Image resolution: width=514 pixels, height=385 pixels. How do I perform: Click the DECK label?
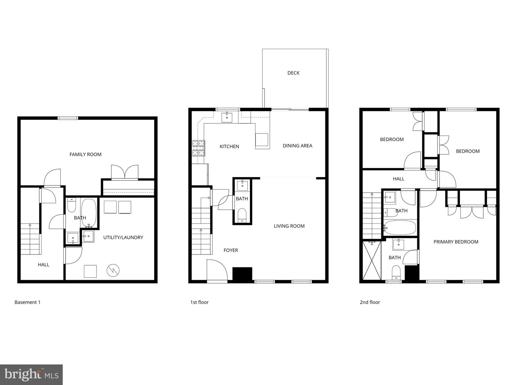293,73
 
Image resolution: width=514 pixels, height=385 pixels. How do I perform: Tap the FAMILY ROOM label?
85,154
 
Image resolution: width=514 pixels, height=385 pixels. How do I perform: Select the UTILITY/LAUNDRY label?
123,237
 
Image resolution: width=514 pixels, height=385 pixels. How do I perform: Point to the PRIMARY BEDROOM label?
456,242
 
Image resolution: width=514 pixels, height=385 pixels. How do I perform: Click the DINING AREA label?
297,145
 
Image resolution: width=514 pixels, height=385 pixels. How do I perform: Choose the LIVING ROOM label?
289,226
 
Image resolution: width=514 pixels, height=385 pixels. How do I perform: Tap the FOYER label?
231,250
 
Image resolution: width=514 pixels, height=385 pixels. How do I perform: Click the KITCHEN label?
229,147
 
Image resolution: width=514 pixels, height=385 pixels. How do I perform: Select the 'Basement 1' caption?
27,302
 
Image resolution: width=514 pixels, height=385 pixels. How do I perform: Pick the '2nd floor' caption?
370,302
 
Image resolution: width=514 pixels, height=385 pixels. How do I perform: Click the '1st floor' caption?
199,302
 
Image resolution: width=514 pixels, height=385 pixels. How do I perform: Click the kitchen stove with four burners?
199,148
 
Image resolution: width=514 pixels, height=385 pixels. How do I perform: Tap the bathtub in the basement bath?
89,212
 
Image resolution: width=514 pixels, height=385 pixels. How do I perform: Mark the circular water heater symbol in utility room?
113,270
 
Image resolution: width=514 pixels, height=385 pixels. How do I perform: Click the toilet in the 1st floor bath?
242,215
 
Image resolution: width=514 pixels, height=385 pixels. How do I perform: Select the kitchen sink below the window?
227,117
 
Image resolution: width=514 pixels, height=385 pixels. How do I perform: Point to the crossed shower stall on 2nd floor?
372,260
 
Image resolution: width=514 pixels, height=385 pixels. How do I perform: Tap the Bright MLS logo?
31,374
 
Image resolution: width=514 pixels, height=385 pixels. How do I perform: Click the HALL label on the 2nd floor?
398,179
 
